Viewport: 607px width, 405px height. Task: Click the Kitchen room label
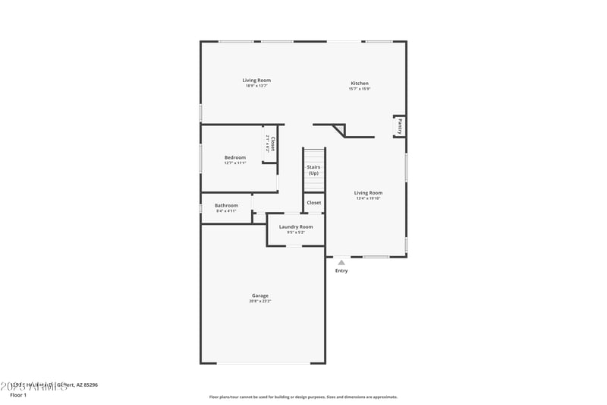pyautogui.click(x=360, y=83)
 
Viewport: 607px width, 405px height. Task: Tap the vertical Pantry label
pyautogui.click(x=400, y=125)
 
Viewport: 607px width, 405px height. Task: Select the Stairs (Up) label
pyautogui.click(x=313, y=169)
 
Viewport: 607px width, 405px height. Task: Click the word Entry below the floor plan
pyautogui.click(x=341, y=271)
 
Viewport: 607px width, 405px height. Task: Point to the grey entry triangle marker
pyautogui.click(x=341, y=262)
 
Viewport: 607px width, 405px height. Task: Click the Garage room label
pyautogui.click(x=260, y=296)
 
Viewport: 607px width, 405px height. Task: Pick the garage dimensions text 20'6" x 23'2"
pyautogui.click(x=260, y=302)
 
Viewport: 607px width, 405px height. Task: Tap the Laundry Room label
pyautogui.click(x=296, y=226)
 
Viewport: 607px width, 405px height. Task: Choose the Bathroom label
pyautogui.click(x=226, y=205)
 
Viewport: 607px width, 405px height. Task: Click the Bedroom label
pyautogui.click(x=235, y=157)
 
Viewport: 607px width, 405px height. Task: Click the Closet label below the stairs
pyautogui.click(x=313, y=203)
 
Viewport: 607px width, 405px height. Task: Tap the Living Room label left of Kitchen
pyautogui.click(x=256, y=80)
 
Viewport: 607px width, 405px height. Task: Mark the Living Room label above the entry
pyautogui.click(x=368, y=192)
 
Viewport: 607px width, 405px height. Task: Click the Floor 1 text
pyautogui.click(x=18, y=395)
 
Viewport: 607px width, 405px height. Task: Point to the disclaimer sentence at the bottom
pyautogui.click(x=303, y=397)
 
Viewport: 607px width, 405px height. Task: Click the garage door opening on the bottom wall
pyautogui.click(x=263, y=363)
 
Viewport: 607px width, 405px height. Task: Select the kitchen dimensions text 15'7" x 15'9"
pyautogui.click(x=360, y=89)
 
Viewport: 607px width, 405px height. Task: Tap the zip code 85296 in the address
pyautogui.click(x=90, y=384)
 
